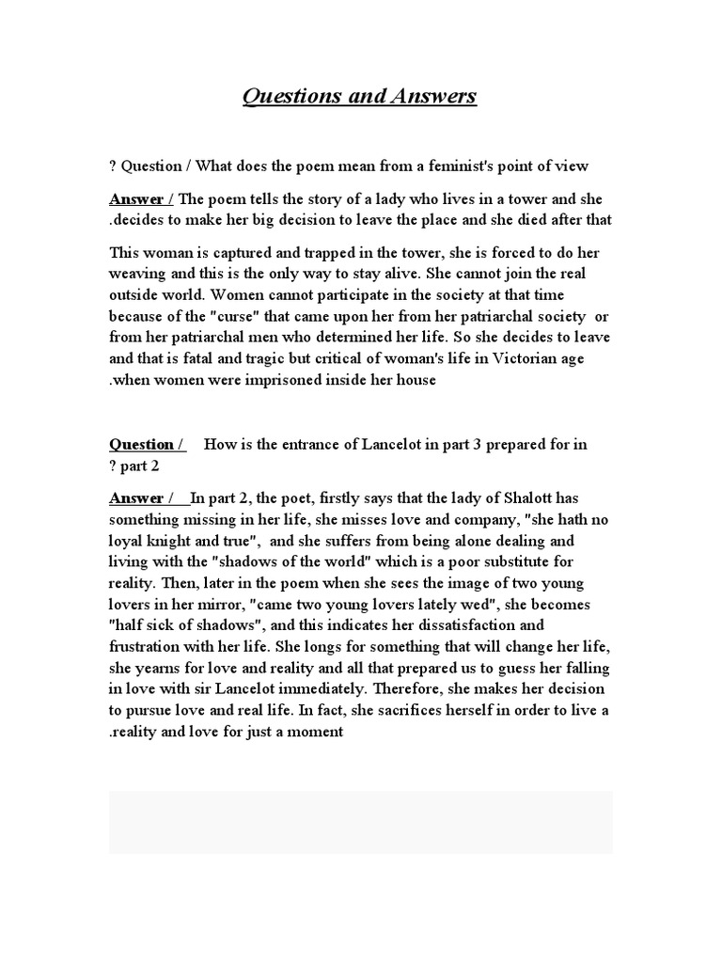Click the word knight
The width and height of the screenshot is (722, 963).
169,541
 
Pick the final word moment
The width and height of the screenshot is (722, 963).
319,733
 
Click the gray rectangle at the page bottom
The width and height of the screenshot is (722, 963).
360,822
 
